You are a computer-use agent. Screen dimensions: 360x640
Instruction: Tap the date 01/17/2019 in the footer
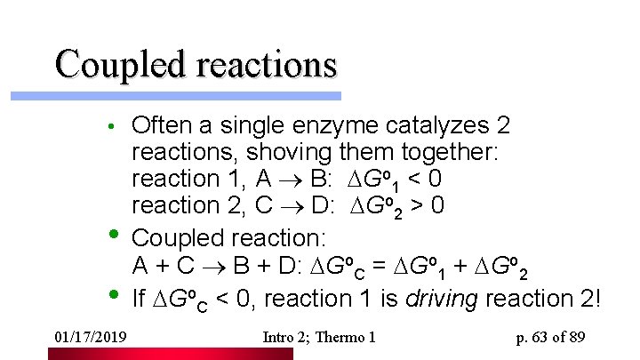90,337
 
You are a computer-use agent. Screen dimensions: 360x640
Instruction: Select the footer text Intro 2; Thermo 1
320,337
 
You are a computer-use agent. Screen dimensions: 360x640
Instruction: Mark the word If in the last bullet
139,297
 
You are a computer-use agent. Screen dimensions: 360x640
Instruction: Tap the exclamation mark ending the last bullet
596,296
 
